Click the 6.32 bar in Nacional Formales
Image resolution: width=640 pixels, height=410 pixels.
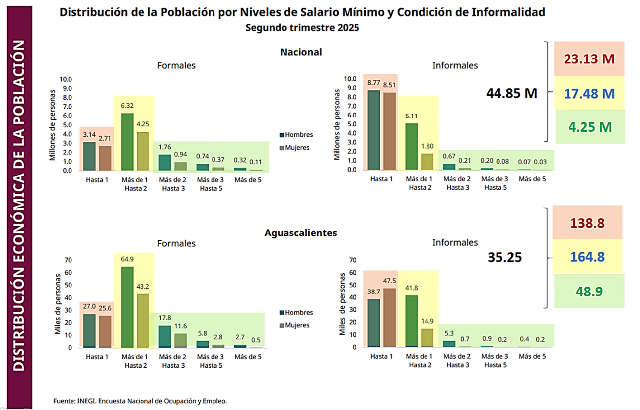tap(127, 142)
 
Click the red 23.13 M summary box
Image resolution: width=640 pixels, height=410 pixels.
tap(589, 59)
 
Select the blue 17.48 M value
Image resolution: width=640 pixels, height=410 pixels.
tap(589, 93)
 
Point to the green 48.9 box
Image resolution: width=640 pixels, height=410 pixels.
tap(589, 291)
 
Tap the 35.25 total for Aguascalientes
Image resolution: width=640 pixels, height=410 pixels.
tap(505, 258)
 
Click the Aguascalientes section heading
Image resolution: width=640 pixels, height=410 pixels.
tap(301, 232)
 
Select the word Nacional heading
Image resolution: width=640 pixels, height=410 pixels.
tap(301, 52)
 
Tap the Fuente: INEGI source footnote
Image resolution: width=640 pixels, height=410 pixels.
tap(140, 400)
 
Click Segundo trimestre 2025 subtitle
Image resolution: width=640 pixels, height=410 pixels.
tap(302, 28)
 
